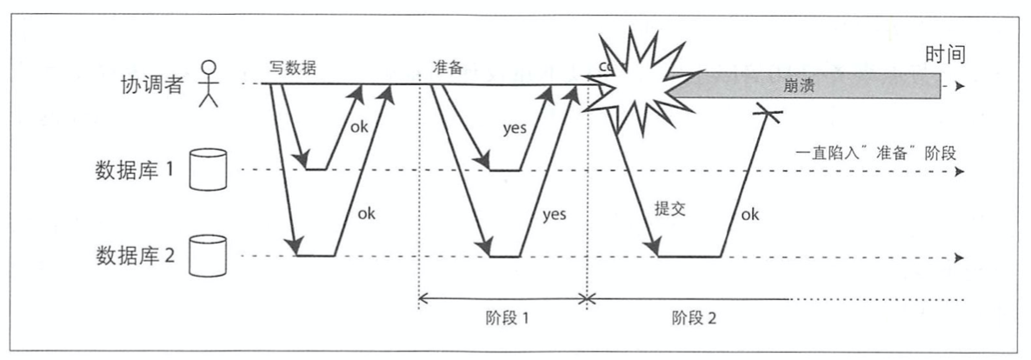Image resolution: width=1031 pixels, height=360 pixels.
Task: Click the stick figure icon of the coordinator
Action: [207, 84]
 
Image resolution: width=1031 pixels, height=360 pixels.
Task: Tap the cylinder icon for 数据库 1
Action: [208, 171]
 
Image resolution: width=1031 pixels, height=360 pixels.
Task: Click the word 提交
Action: [669, 210]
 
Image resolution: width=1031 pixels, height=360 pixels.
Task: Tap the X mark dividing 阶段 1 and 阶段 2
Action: [588, 299]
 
